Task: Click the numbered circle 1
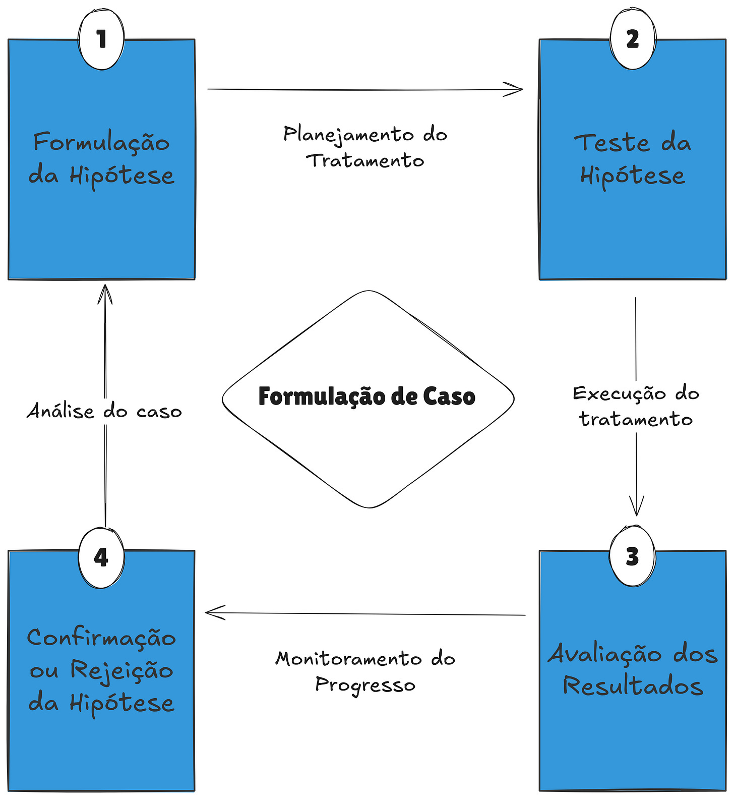tap(101, 39)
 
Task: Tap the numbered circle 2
tap(633, 39)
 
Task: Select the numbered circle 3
tap(632, 556)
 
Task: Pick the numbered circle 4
tap(101, 557)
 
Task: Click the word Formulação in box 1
tap(101, 143)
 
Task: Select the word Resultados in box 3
tap(633, 687)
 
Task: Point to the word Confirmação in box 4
tap(101, 638)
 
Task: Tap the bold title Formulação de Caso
tap(367, 396)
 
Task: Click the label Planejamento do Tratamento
tap(365, 147)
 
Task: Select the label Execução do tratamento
tap(636, 407)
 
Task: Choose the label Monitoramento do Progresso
tap(365, 671)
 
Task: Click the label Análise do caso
tap(104, 411)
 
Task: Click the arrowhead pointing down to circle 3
tap(637, 509)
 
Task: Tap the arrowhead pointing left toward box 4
tap(211, 613)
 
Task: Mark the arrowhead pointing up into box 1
tap(105, 290)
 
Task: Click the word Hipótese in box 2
tap(633, 176)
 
